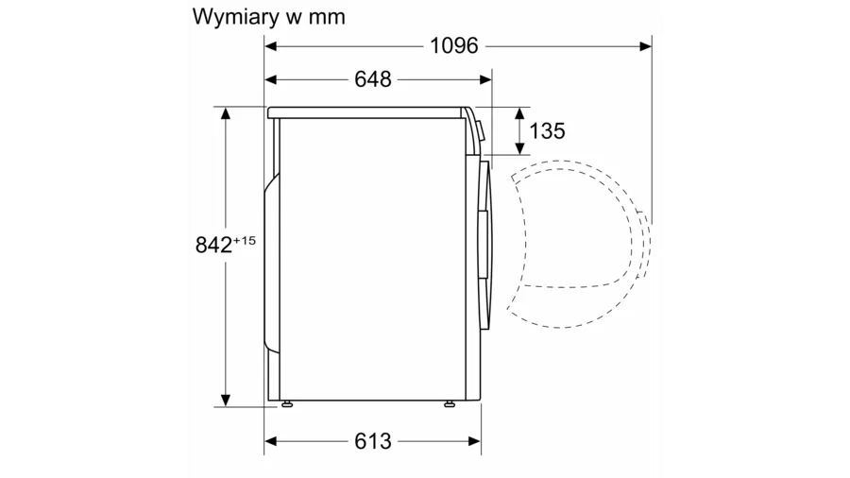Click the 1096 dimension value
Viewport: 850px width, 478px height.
(x=454, y=45)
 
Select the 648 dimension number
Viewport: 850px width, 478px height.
(x=373, y=79)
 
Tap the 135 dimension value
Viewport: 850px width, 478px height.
(x=547, y=130)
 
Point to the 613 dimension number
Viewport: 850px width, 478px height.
(x=373, y=441)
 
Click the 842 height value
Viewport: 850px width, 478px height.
(x=213, y=245)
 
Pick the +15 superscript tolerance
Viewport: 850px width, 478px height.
(x=244, y=240)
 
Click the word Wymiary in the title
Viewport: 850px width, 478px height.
(x=236, y=17)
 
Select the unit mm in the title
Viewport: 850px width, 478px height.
(x=327, y=18)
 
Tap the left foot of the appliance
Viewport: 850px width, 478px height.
(x=287, y=403)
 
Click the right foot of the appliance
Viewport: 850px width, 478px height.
(x=450, y=403)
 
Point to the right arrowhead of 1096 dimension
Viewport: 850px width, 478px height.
(x=646, y=46)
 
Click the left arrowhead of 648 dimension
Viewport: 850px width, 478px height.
(x=270, y=79)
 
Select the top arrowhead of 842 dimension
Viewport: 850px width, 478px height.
(x=226, y=112)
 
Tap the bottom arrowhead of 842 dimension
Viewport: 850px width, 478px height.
(x=226, y=400)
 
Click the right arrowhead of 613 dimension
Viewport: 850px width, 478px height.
(x=475, y=441)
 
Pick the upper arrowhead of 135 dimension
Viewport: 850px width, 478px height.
(x=519, y=113)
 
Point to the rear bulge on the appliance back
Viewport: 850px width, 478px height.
(x=271, y=263)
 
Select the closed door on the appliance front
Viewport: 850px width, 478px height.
(x=485, y=245)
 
